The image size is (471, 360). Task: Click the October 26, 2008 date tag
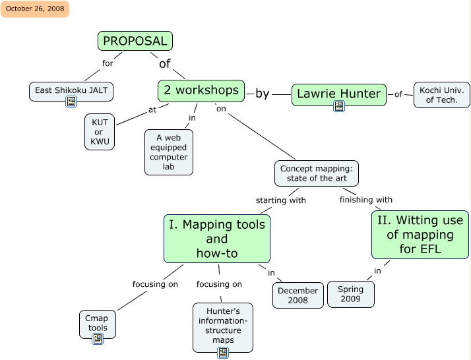pos(35,9)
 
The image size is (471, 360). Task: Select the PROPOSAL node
pos(135,41)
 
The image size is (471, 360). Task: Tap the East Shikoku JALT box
pos(71,91)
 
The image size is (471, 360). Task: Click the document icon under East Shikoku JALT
pos(71,102)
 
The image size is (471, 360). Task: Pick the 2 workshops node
pos(201,90)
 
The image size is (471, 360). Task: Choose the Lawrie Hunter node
pos(338,94)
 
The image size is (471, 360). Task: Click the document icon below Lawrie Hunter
pos(339,106)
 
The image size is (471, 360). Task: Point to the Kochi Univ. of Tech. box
pos(441,95)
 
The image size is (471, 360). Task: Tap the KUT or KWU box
pos(100,132)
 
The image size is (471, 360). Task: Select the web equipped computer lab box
pos(169,152)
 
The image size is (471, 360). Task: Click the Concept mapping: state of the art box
pos(317,173)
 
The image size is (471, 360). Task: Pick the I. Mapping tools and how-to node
pos(217,239)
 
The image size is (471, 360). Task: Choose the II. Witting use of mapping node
pos(420,235)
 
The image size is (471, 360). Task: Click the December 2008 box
pos(298,295)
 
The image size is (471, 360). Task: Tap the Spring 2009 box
pos(351,294)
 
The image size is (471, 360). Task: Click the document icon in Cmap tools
pos(98,339)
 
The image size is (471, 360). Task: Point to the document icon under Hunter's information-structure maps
pos(223,353)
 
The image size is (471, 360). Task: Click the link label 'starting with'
pos(280,200)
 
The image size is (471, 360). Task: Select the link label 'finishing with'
pos(365,200)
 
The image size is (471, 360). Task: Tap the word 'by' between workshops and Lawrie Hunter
pos(263,94)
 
